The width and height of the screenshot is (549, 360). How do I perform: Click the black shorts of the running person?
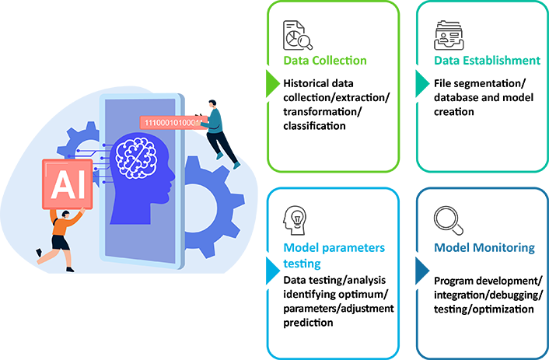[61, 243]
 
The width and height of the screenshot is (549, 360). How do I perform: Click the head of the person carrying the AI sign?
[65, 213]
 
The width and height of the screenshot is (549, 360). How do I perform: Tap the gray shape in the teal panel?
[457, 32]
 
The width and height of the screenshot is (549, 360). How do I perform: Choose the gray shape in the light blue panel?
[302, 218]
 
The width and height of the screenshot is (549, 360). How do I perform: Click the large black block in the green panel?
[334, 111]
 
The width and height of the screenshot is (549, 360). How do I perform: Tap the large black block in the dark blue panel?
[484, 298]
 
